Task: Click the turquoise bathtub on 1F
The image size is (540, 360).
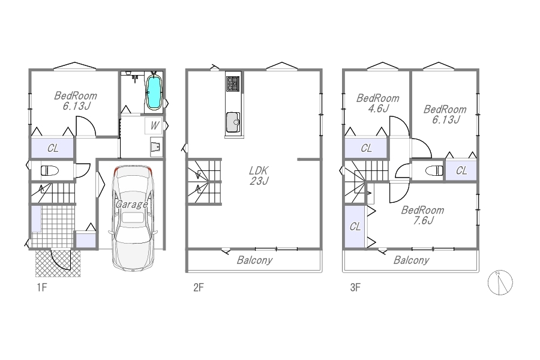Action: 154,92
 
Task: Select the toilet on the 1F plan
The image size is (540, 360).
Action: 50,170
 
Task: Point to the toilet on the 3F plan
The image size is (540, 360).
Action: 434,170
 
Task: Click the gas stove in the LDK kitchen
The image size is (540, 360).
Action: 233,84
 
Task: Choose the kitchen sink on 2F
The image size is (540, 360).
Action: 233,122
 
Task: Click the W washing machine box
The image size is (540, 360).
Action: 154,126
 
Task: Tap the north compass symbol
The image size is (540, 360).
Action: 500,282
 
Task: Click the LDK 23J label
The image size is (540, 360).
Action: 259,175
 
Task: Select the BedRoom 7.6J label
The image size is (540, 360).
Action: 422,215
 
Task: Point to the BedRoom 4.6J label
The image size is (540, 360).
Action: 378,103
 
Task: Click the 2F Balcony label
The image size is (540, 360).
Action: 254,260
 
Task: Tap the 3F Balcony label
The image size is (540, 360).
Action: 411,260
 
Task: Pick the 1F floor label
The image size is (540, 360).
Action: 41,287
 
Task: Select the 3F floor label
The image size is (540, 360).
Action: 355,287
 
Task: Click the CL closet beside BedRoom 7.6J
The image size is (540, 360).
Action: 355,226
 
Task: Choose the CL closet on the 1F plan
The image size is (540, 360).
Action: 53,148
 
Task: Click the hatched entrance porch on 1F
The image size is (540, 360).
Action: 58,263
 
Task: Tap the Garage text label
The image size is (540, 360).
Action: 131,204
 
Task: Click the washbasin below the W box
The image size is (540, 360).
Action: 156,147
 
